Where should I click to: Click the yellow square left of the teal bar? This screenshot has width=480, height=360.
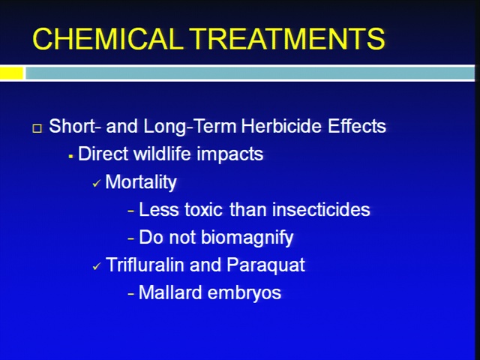tap(12, 73)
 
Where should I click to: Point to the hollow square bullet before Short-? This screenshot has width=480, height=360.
tap(37, 128)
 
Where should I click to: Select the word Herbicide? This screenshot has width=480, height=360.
tap(281, 126)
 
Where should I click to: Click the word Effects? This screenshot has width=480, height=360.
tap(357, 126)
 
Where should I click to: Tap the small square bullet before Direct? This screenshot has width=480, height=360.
tap(70, 157)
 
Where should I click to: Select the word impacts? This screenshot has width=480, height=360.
tap(230, 154)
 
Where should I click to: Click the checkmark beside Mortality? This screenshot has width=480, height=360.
tap(97, 184)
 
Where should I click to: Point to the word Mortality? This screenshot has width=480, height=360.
tap(141, 182)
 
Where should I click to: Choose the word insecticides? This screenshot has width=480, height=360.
tap(321, 210)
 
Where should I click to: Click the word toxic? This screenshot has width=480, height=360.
tap(203, 210)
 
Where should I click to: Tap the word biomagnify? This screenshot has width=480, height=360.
tap(247, 238)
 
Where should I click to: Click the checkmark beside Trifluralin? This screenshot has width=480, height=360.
tap(97, 267)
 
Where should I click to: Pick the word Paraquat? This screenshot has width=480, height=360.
tap(265, 265)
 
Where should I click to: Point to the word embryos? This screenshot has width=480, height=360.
tap(244, 293)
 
